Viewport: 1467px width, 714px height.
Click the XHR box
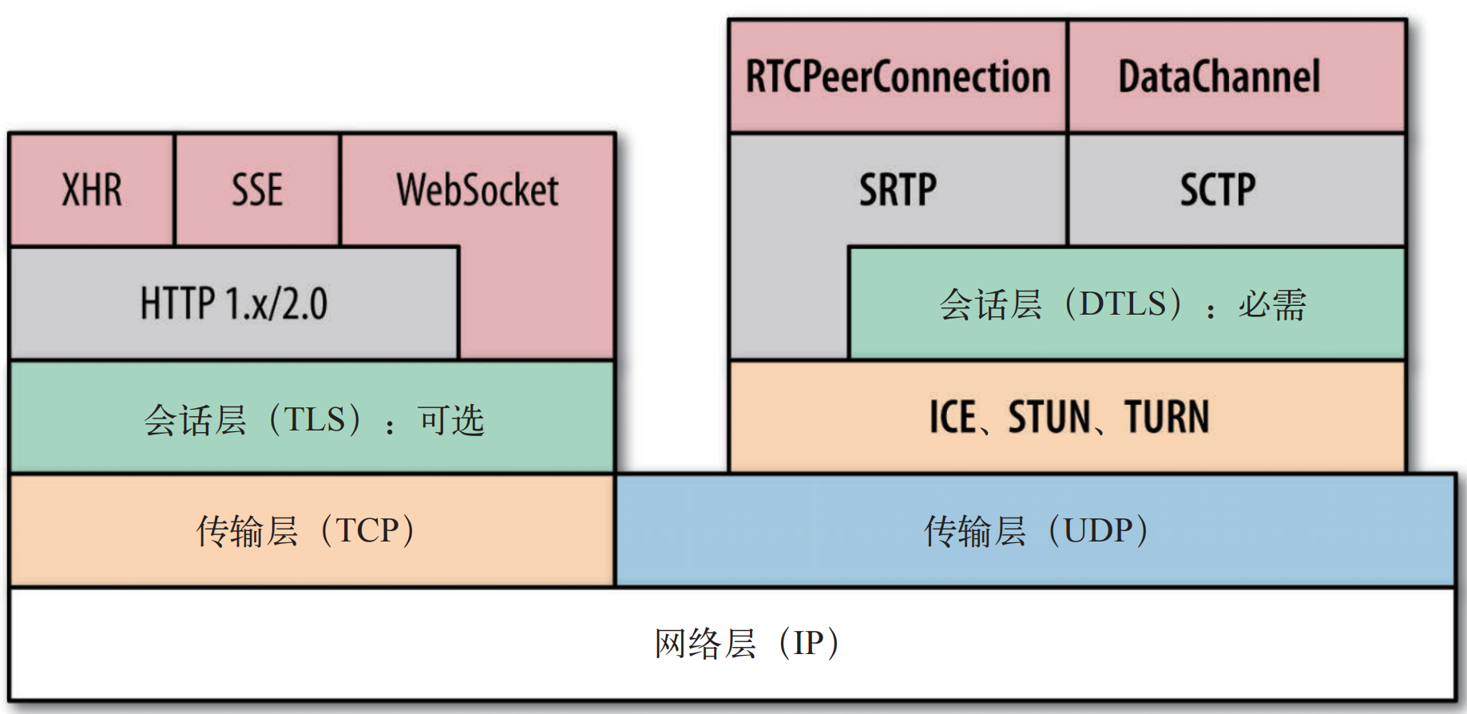(x=92, y=190)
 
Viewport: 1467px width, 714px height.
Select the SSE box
(x=257, y=190)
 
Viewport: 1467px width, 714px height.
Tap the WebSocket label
(x=478, y=190)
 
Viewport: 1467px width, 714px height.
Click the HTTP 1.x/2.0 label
(x=234, y=303)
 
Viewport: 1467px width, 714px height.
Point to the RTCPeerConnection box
(x=898, y=77)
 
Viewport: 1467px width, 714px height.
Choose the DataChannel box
(x=1219, y=77)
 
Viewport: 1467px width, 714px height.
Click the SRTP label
(x=898, y=190)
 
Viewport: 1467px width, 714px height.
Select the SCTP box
(x=1219, y=190)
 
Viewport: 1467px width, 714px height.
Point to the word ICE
(x=953, y=417)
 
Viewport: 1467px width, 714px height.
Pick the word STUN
(x=1049, y=417)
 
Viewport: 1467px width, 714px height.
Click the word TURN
(x=1167, y=417)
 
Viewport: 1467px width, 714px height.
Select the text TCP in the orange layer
(x=367, y=530)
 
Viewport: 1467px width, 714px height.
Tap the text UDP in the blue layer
(x=1098, y=530)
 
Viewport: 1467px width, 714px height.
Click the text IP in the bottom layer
(x=809, y=643)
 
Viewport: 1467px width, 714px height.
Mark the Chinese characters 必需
(x=1272, y=304)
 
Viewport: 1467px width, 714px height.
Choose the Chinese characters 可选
(x=450, y=419)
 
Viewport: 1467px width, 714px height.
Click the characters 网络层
(x=705, y=643)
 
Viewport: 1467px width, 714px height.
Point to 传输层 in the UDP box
(x=975, y=530)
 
